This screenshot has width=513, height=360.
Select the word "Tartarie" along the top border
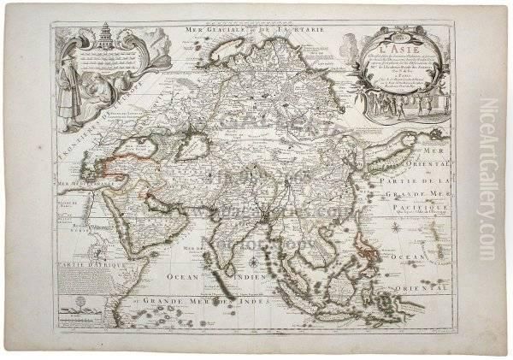pyautogui.click(x=300, y=30)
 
